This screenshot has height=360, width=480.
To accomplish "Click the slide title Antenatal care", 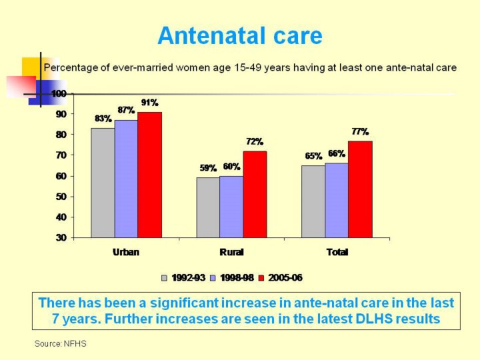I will point(240,35).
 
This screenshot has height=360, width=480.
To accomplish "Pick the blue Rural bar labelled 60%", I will point(231,207).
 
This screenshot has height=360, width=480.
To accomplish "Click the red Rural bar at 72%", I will point(255,194).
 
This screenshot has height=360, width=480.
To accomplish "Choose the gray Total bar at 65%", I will point(313,201).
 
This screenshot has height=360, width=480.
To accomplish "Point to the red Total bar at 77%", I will point(360,189).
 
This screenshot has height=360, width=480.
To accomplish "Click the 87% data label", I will point(127,110).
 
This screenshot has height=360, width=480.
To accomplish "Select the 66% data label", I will point(336,154).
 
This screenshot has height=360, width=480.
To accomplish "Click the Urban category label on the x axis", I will point(126,253).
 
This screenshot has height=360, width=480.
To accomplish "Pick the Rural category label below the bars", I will point(231,253).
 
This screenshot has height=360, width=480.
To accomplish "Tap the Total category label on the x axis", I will point(337,253).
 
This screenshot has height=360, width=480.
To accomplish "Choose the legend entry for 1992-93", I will point(183,277).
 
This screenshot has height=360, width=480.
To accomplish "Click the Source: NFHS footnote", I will point(61,343).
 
